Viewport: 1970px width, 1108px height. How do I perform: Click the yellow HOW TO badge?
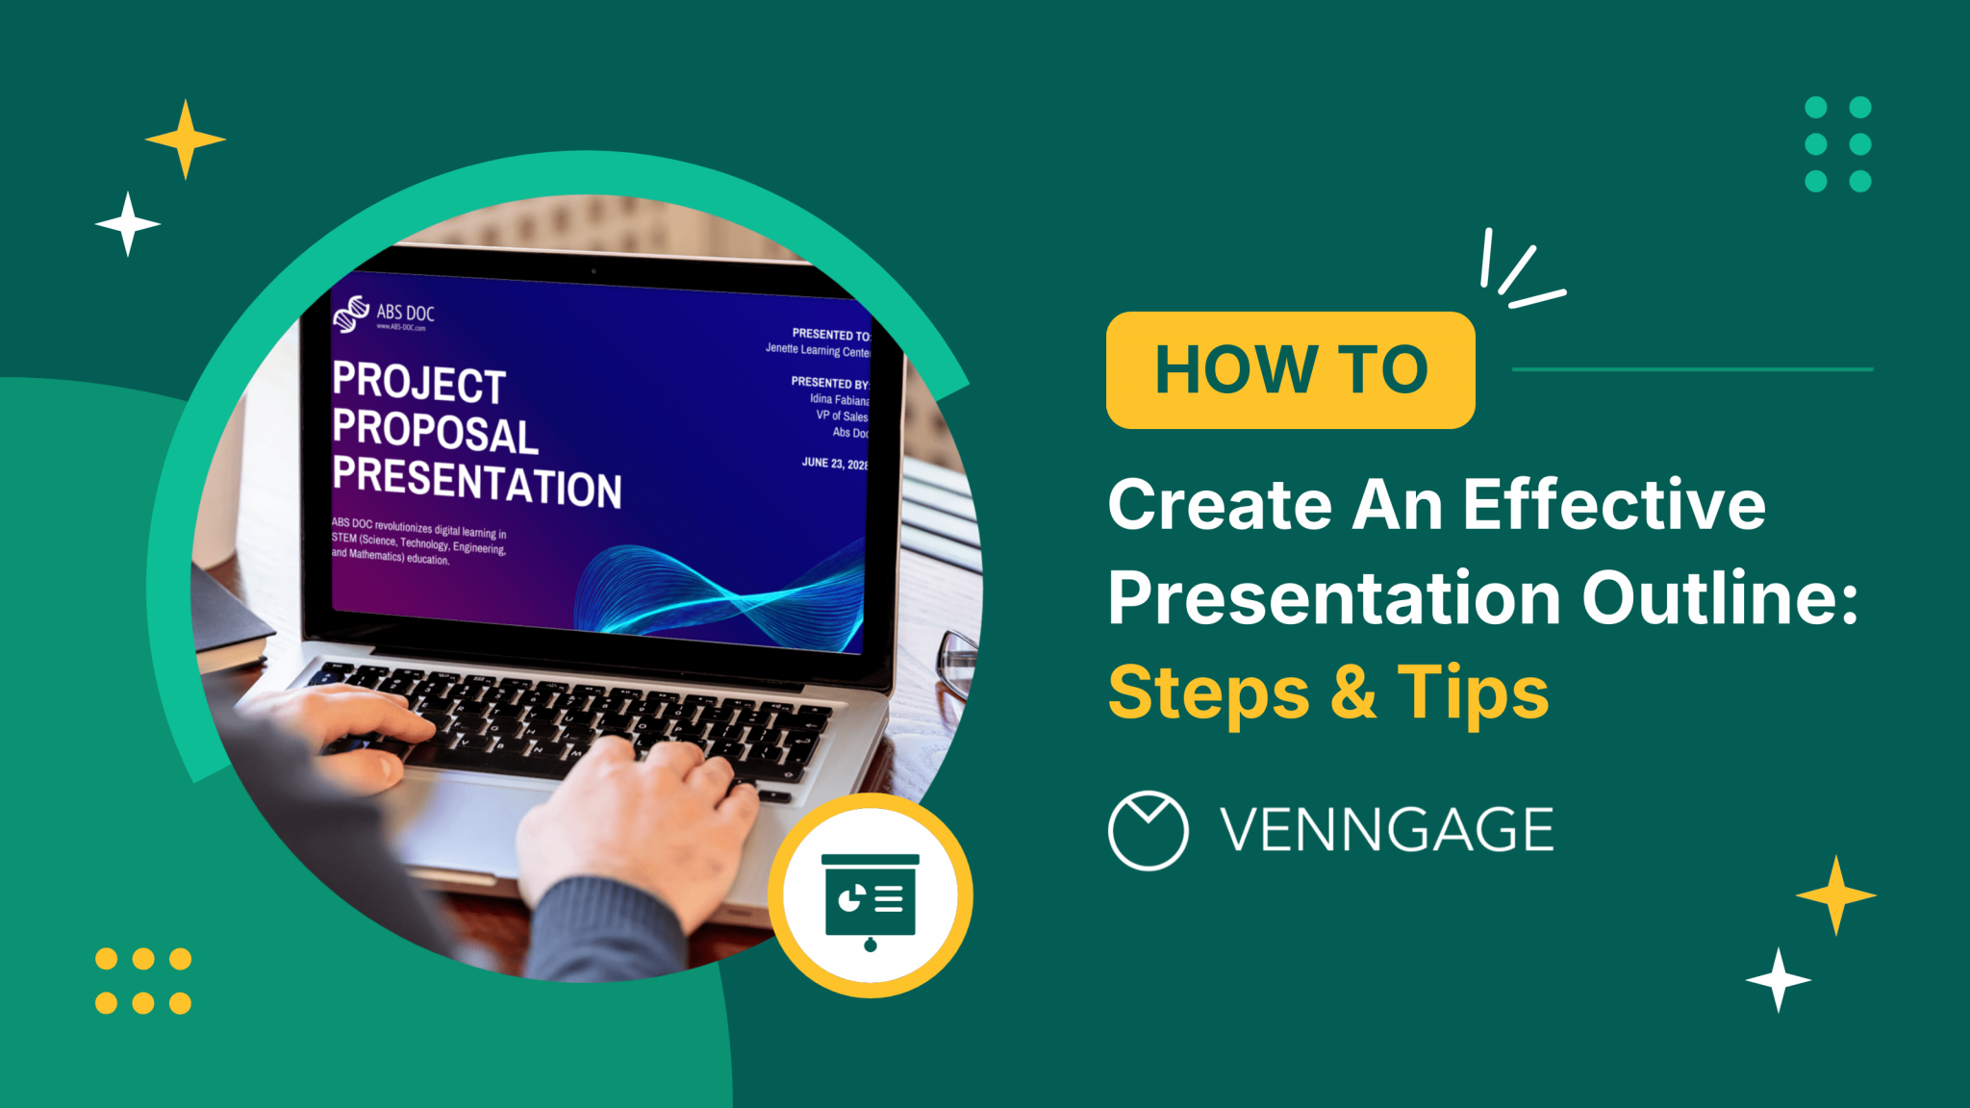(1290, 369)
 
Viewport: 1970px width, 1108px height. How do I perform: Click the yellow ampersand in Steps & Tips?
(1353, 692)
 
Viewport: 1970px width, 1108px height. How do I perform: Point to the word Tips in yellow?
(1473, 692)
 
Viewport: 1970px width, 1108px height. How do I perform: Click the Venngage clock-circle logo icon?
(1148, 830)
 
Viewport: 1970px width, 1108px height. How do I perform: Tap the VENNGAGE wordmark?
(1387, 830)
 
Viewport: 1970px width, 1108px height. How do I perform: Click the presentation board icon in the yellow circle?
(871, 897)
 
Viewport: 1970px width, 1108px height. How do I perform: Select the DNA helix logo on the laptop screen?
(351, 314)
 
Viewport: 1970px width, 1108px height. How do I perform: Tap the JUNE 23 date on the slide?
(834, 464)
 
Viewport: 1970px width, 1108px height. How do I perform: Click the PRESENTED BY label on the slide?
(829, 383)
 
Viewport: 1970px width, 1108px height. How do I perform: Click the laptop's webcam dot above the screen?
(594, 271)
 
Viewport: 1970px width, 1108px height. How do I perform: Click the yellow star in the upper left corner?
(186, 139)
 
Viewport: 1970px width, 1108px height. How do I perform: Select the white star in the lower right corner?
(1779, 980)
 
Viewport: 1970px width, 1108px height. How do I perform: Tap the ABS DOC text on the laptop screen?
(405, 313)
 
